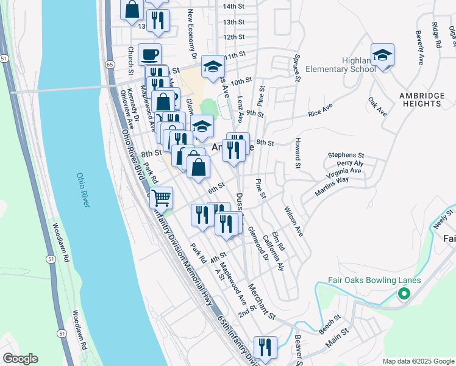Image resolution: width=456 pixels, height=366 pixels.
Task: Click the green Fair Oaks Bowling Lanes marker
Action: pyautogui.click(x=403, y=295)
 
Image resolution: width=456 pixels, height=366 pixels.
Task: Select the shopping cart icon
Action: pyautogui.click(x=161, y=198)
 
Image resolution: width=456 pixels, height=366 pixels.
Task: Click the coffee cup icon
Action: pyautogui.click(x=149, y=55)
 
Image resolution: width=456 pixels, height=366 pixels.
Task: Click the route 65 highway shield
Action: pyautogui.click(x=109, y=63)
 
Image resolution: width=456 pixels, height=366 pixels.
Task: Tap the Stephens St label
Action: pyautogui.click(x=346, y=156)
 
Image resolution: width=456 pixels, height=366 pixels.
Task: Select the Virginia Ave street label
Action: pyautogui.click(x=344, y=171)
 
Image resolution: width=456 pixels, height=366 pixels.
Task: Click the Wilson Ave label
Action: pyautogui.click(x=293, y=222)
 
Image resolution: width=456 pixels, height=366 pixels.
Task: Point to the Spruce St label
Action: pyautogui.click(x=297, y=70)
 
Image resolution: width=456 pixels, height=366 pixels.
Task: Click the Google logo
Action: pyautogui.click(x=20, y=359)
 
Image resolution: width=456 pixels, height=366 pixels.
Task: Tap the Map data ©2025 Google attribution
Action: pyautogui.click(x=418, y=361)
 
